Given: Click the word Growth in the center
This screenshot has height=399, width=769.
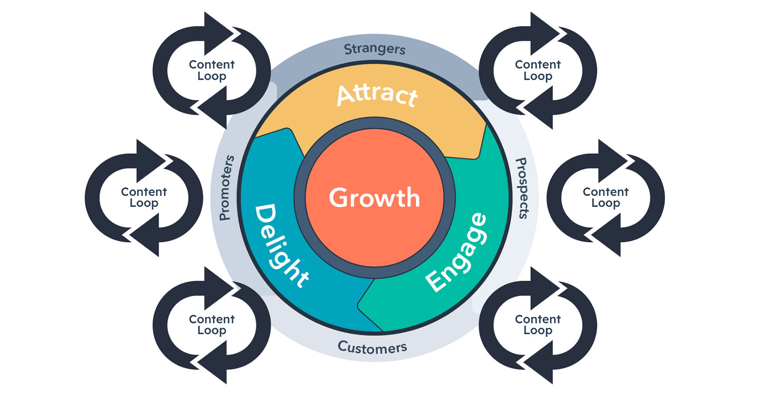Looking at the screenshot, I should coord(374,198).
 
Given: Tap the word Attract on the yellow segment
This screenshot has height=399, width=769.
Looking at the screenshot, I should coord(377,96).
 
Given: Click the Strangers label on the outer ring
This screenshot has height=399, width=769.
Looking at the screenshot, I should coord(374,49).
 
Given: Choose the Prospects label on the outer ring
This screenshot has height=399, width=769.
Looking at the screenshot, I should coord(521,188).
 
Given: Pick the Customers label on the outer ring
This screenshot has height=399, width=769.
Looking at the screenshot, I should coord(372,347).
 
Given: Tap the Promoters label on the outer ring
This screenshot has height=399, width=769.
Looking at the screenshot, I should coord(226,187).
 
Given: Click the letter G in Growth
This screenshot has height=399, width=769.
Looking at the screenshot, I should coord(340,198).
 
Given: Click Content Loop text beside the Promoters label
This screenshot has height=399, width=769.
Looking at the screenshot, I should coord(144,197).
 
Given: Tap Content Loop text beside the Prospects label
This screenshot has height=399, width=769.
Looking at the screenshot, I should coord(605,197).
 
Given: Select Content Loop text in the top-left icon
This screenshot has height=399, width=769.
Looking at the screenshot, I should coord(211,70).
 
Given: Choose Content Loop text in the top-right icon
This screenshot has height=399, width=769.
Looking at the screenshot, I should coord(538,70).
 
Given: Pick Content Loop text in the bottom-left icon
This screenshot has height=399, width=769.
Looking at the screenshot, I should coord(211,325).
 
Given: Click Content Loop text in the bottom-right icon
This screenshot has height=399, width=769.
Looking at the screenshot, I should coord(538,325).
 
